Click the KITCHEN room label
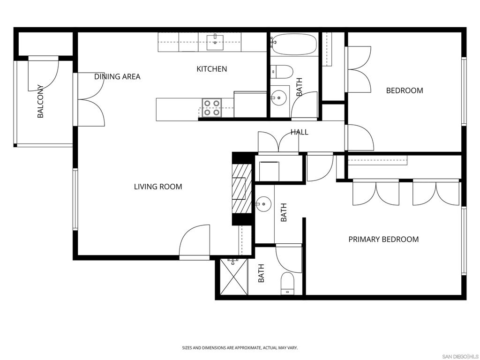211,69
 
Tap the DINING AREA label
117,76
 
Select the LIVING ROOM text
158,187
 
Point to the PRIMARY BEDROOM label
383,240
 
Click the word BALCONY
40,101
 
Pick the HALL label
299,132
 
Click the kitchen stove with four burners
211,107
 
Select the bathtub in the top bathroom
294,44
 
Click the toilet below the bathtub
283,72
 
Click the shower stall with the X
233,277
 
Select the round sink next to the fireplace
263,204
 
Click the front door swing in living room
194,241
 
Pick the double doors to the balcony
90,99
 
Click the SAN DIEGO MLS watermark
460,356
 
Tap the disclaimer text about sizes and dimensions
240,348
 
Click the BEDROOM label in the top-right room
405,90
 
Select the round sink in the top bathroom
278,98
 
